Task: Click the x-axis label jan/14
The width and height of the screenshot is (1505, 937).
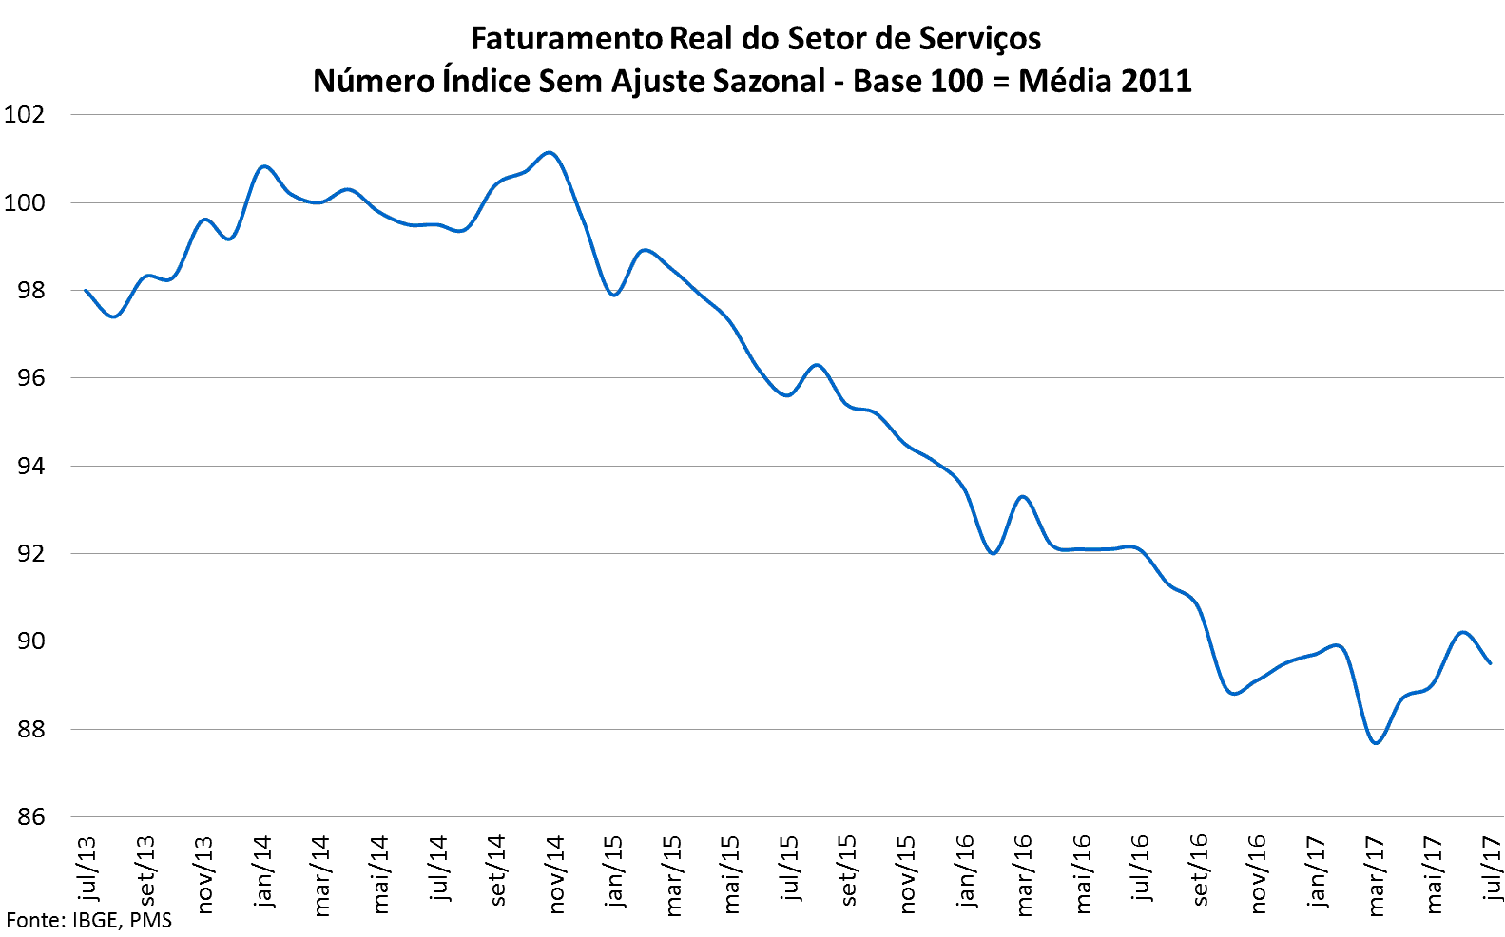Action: pyautogui.click(x=262, y=871)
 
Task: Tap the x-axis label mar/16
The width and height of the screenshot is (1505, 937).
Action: pyautogui.click(x=1024, y=875)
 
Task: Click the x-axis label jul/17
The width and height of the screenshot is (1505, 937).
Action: pyautogui.click(x=1494, y=867)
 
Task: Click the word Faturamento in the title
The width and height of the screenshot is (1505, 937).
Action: pyautogui.click(x=567, y=39)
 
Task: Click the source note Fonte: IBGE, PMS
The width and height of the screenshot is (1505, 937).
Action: pyautogui.click(x=89, y=920)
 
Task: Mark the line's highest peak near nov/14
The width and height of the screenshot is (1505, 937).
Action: pyautogui.click(x=550, y=152)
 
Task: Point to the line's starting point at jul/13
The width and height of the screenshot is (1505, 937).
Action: pyautogui.click(x=87, y=290)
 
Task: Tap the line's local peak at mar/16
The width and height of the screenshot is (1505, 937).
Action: pyautogui.click(x=1023, y=496)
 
